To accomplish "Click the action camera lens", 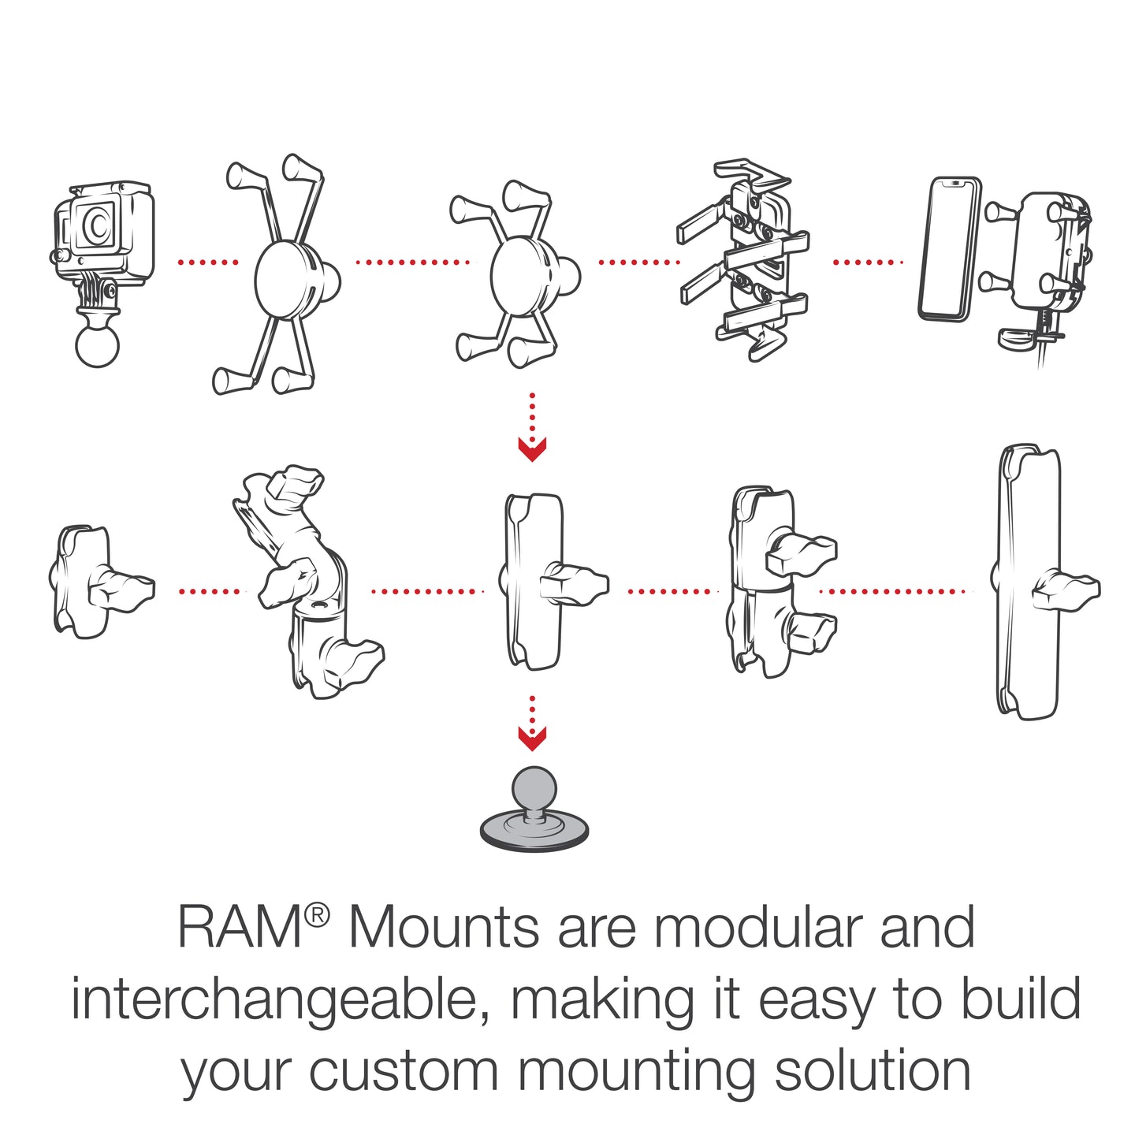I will pos(95,225).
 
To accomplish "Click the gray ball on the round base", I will pos(534,790).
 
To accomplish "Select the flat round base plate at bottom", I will pos(534,832).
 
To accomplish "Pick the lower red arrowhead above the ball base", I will pos(532,739).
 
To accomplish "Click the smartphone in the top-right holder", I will pos(950,249).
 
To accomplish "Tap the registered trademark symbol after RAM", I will pos(318,914).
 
